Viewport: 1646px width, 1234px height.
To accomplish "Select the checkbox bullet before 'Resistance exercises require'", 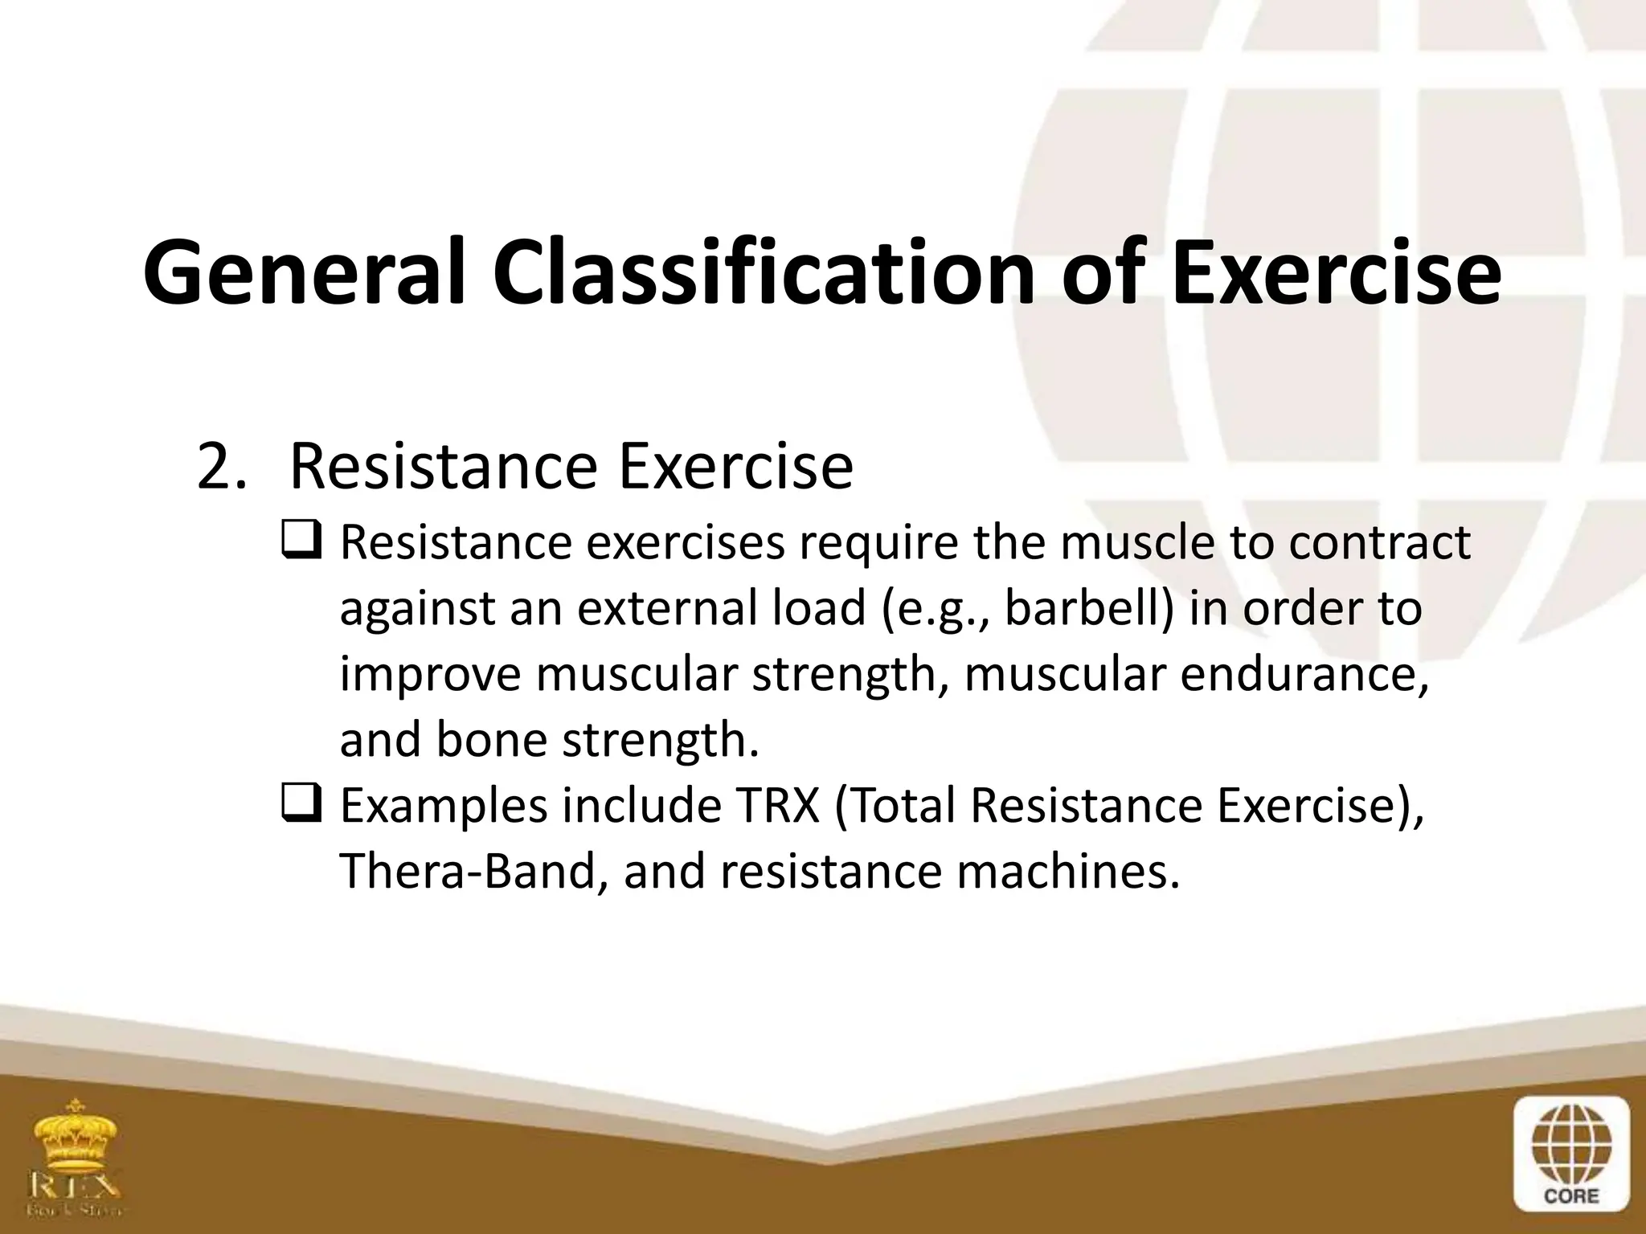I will pyautogui.click(x=301, y=543).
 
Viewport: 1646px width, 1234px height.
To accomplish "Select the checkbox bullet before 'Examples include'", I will pyautogui.click(x=301, y=807).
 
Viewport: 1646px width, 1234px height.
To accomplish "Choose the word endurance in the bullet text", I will pyautogui.click(x=1304, y=674).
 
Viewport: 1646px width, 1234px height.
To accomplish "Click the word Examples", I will pyautogui.click(x=443, y=806).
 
